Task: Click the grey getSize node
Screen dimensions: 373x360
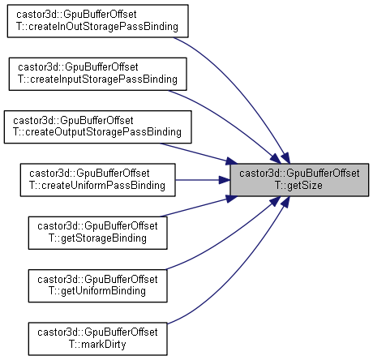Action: point(299,180)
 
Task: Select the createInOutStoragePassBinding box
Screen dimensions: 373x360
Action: point(97,21)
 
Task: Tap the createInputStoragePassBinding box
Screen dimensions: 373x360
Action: point(97,74)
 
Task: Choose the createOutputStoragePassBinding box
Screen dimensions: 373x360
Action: point(97,126)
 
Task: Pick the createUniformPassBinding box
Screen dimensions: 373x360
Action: point(97,180)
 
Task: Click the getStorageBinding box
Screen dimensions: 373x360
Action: point(97,233)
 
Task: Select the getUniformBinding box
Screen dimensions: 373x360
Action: point(97,285)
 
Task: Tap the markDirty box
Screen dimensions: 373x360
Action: point(97,339)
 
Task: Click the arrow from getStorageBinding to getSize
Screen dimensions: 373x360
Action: point(199,207)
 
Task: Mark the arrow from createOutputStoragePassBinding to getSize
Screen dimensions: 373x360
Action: point(199,153)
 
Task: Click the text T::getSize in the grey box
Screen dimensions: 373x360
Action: point(298,186)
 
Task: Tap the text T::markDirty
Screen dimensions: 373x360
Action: point(97,345)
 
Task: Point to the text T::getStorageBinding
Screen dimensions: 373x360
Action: point(97,238)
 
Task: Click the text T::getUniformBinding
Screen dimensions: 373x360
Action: point(97,291)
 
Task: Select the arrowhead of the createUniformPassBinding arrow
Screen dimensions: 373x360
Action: point(225,180)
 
